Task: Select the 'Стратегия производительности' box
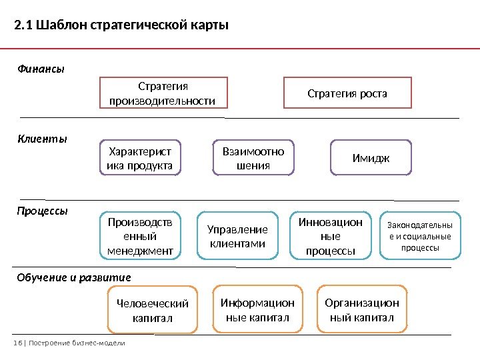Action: [163, 93]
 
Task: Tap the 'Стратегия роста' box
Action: [347, 93]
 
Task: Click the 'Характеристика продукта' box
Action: [140, 158]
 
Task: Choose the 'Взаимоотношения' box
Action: [253, 158]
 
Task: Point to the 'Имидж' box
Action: [371, 158]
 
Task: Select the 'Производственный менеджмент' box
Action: [140, 236]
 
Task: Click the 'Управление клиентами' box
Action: [238, 236]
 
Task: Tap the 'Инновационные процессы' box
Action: [331, 236]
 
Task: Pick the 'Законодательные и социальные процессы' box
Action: [420, 236]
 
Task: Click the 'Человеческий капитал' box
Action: [153, 311]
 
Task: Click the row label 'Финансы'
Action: [41, 68]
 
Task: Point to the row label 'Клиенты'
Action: [42, 139]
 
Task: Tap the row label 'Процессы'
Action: [43, 211]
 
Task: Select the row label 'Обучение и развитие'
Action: [74, 277]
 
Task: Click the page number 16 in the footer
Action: [17, 343]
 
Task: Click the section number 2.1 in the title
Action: [23, 26]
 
